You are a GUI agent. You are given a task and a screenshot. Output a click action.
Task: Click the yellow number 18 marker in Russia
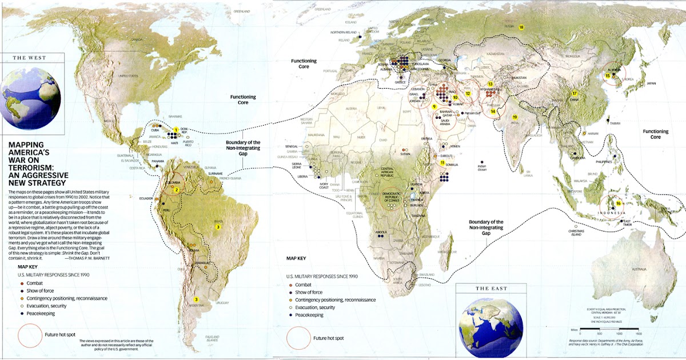click(521, 27)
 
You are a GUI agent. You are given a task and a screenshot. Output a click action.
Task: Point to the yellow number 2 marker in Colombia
click(177, 190)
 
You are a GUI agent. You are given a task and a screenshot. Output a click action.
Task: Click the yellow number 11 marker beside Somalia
click(442, 163)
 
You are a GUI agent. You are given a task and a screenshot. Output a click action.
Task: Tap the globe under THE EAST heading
click(491, 321)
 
